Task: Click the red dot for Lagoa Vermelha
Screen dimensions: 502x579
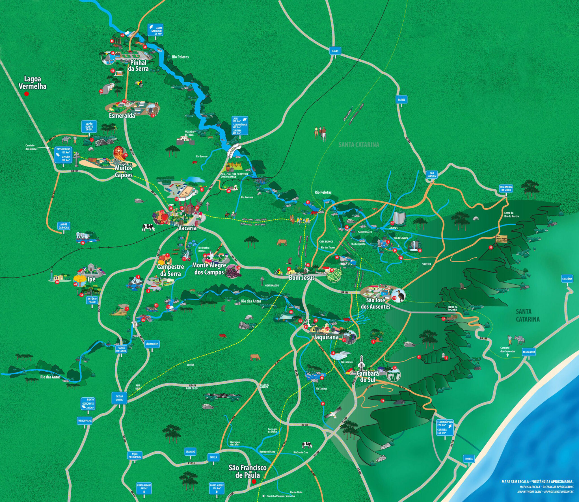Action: (27, 94)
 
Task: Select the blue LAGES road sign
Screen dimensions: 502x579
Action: (335, 51)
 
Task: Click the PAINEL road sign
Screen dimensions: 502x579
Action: (401, 99)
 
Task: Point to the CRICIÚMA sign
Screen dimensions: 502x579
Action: (567, 279)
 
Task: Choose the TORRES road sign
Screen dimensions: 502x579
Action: (469, 459)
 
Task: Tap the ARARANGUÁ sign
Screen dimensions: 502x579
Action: (529, 352)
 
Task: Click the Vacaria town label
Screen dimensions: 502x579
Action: (187, 228)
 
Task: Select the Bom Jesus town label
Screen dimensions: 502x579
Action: (302, 278)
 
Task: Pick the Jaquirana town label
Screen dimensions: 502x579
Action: (326, 337)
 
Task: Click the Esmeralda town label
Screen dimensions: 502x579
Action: (122, 115)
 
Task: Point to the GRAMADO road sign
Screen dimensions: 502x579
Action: (190, 451)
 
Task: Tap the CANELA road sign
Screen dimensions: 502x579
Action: (213, 457)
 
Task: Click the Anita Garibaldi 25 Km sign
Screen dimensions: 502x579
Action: (155, 30)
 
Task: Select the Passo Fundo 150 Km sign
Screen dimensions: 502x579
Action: (63, 155)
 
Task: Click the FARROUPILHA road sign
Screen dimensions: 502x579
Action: (85, 421)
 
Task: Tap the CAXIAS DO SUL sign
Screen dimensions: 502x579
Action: (119, 398)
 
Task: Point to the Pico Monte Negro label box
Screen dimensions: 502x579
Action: (502, 239)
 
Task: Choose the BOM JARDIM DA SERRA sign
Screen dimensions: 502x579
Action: (506, 189)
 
